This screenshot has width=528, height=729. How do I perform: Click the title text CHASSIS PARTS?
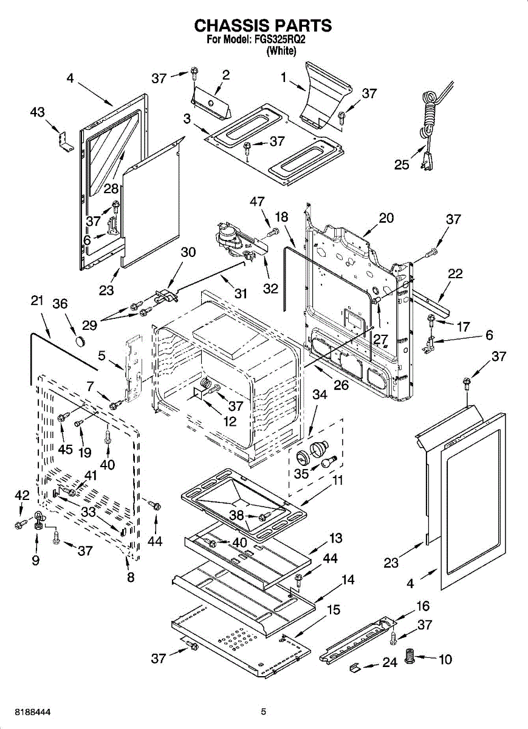(263, 26)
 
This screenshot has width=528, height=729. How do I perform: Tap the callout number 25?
(402, 165)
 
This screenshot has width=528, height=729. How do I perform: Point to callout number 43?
(38, 112)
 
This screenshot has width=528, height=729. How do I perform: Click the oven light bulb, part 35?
(328, 462)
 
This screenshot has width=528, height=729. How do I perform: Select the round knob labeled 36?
(80, 341)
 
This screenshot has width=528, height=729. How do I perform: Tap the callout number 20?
(386, 217)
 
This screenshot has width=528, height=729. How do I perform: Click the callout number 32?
(271, 289)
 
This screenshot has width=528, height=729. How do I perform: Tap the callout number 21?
(37, 300)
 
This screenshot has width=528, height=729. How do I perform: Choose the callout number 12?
(230, 422)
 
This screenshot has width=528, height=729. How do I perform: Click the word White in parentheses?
(281, 51)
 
